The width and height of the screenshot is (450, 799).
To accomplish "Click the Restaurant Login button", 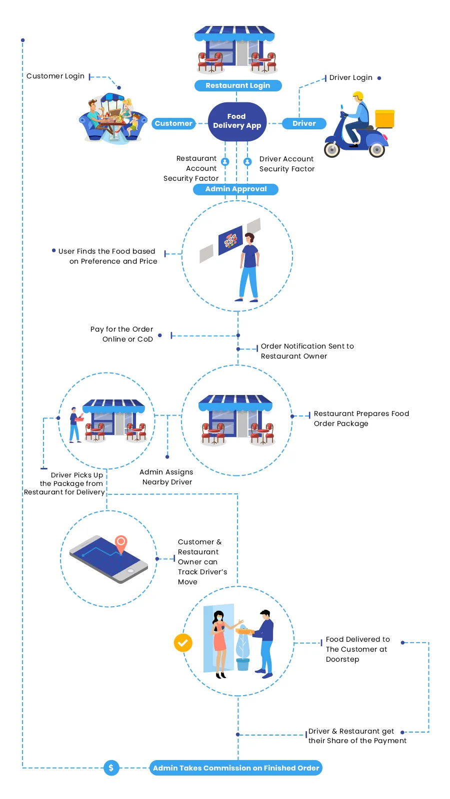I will click(x=237, y=85).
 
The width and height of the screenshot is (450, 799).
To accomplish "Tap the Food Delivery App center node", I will click(x=237, y=121).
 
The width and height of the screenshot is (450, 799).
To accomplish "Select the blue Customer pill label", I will click(x=173, y=123).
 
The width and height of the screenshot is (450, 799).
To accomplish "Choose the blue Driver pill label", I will click(x=304, y=123).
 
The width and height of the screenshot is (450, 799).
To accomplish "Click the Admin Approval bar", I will click(x=235, y=189).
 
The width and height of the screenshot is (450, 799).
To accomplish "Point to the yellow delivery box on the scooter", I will click(x=384, y=119).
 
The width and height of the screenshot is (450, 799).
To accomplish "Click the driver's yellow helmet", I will click(x=358, y=96).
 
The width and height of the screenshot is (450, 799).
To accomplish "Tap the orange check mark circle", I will click(x=183, y=643).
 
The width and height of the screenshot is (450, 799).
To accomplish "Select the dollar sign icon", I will click(x=111, y=768).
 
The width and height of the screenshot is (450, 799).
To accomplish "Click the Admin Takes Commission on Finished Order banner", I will click(x=236, y=768).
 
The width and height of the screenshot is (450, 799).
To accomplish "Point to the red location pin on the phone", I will click(x=121, y=542).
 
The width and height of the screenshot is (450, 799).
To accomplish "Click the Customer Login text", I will click(x=55, y=76).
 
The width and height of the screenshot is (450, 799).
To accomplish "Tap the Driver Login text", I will click(x=350, y=78).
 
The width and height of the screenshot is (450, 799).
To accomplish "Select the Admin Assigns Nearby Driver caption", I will click(x=166, y=477).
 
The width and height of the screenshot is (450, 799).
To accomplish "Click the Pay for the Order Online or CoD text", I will click(x=122, y=334).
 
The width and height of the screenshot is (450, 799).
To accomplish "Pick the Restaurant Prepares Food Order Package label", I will click(x=361, y=418).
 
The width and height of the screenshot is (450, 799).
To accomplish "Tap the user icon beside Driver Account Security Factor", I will click(x=247, y=162).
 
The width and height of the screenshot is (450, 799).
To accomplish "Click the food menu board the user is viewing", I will click(x=230, y=240).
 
